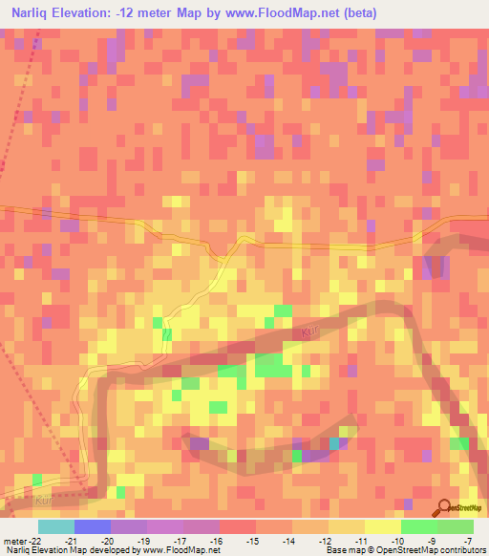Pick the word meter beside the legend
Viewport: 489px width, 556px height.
[x=12, y=541]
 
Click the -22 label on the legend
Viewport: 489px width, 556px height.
[x=33, y=541]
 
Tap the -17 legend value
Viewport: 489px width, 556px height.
[x=181, y=541]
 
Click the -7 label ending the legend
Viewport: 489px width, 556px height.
[x=468, y=541]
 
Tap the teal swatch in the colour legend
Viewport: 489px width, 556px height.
[x=55, y=526]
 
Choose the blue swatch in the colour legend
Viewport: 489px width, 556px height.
[x=92, y=526]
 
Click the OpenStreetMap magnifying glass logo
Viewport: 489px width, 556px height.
[x=444, y=507]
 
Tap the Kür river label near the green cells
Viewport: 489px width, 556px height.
[x=308, y=331]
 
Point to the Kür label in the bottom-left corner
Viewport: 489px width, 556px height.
[x=42, y=499]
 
